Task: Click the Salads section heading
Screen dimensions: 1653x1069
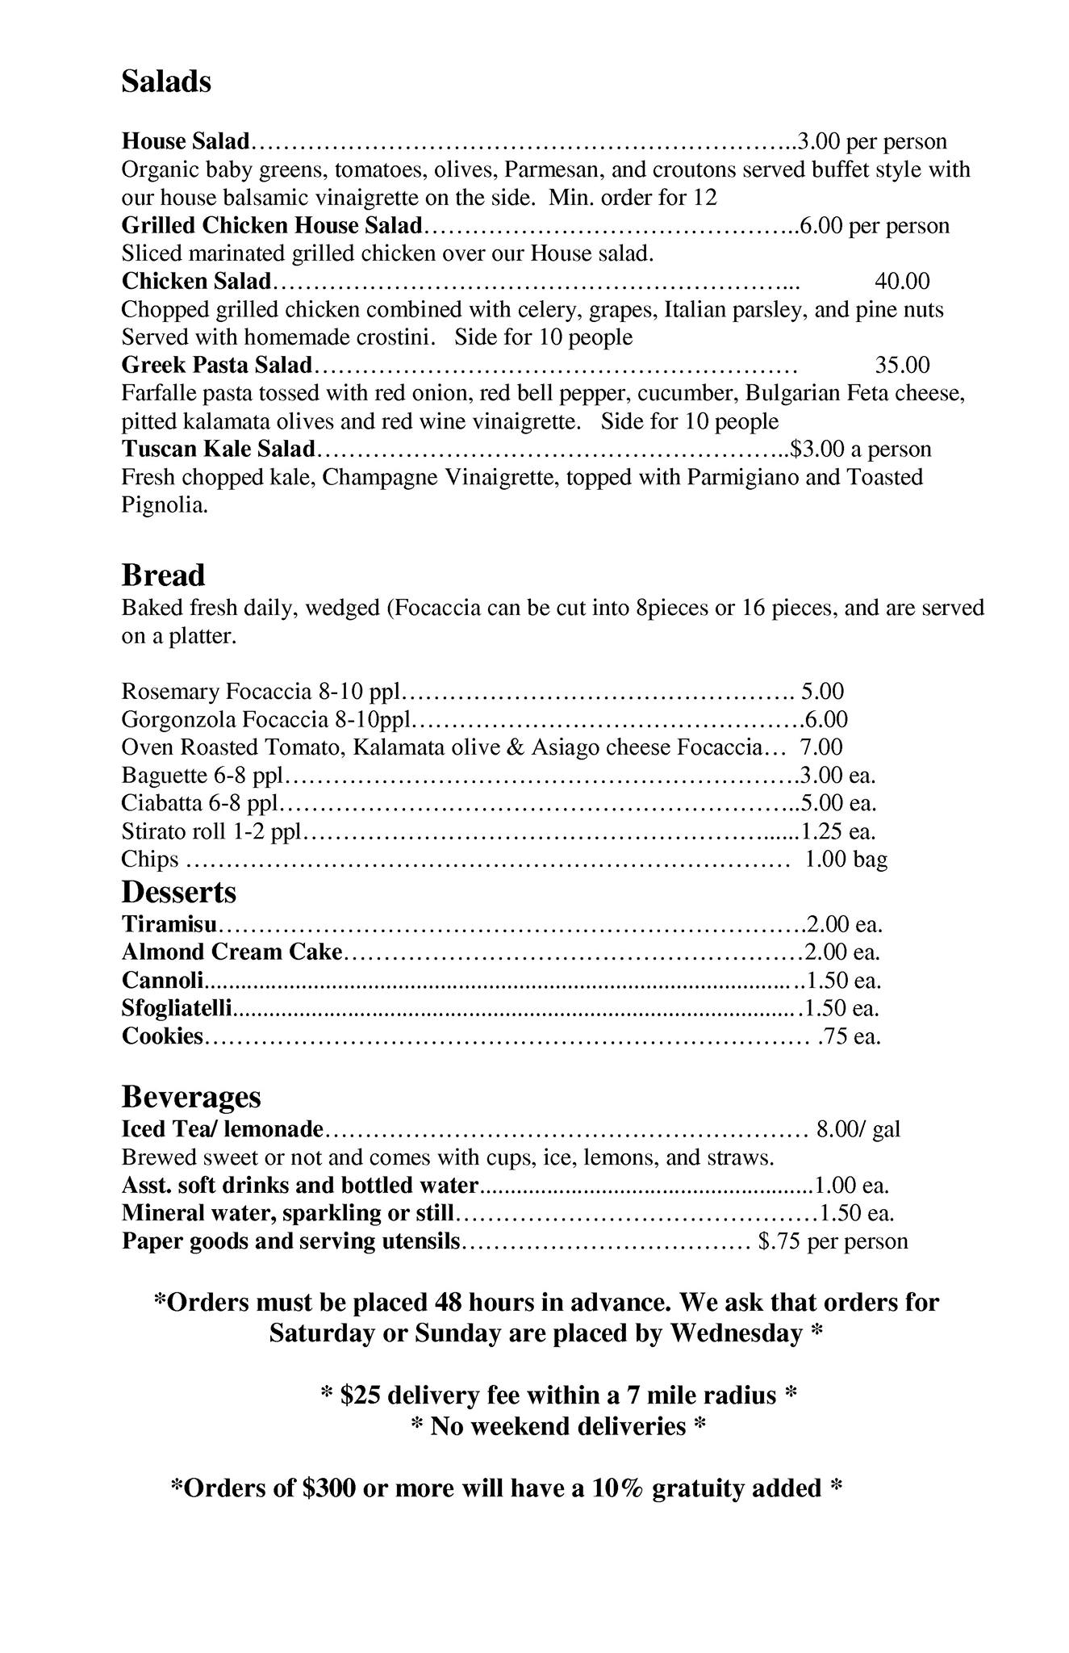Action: [166, 82]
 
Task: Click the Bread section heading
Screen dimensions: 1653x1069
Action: [163, 575]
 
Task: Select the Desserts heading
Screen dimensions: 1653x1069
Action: [178, 892]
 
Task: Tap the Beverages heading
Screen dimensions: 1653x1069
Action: [191, 1097]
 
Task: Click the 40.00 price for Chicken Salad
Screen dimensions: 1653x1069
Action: [902, 281]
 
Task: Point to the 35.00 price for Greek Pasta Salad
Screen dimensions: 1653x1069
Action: [902, 365]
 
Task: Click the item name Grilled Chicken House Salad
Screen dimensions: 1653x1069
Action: [272, 225]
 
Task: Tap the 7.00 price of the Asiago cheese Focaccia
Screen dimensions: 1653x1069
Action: [821, 747]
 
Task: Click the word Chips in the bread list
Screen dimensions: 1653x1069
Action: [149, 859]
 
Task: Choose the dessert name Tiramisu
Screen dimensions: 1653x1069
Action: [169, 924]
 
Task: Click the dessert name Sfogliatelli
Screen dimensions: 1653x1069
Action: [177, 1008]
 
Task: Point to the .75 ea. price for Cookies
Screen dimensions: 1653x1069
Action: [849, 1036]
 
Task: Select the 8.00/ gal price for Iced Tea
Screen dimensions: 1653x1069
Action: [858, 1129]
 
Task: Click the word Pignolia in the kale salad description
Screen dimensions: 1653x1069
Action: [165, 506]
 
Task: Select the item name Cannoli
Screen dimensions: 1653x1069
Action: [162, 981]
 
